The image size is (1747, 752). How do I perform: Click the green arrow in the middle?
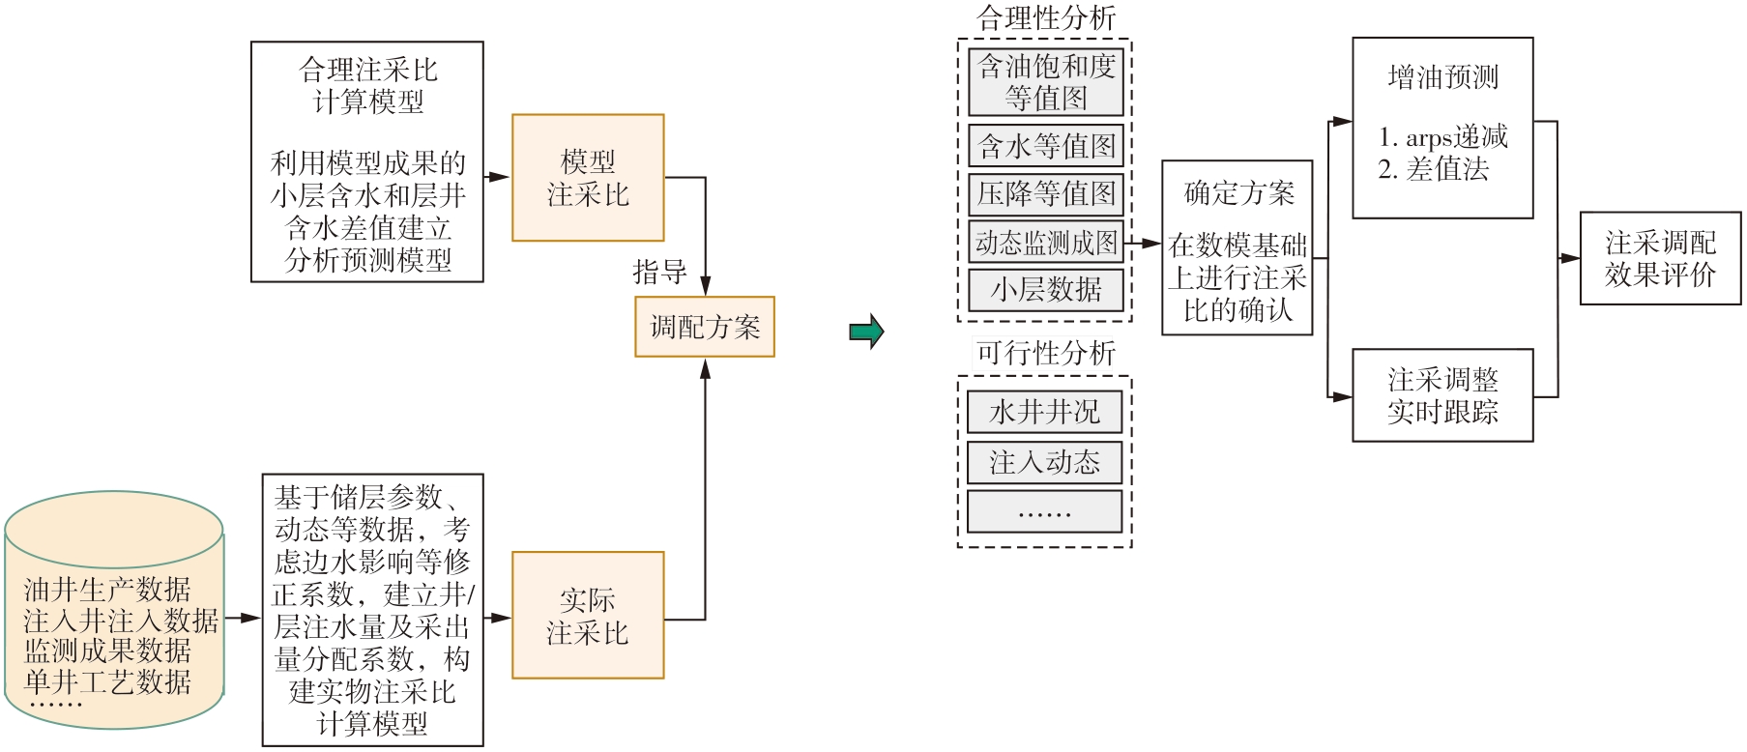click(866, 332)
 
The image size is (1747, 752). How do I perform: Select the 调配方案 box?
click(705, 327)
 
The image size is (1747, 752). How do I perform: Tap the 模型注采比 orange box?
click(588, 178)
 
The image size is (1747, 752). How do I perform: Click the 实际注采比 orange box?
click(588, 616)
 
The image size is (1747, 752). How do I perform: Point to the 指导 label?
click(659, 273)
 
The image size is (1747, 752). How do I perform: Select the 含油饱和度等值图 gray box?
click(1046, 82)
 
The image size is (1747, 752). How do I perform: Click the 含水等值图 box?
click(1046, 146)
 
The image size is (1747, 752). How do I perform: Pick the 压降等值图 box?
click(1046, 193)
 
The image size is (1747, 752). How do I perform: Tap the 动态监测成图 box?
click(1046, 243)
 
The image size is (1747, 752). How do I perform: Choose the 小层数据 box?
click(1046, 289)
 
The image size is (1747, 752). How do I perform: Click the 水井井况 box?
click(1044, 412)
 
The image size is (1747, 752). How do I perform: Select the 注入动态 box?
click(1044, 462)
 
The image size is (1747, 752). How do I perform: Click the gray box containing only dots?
click(1044, 511)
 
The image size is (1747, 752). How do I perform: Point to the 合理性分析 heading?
click(1046, 17)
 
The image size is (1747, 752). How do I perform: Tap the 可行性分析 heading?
click(1046, 353)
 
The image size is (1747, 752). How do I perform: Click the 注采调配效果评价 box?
click(1660, 258)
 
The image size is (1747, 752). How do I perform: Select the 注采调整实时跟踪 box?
click(1442, 395)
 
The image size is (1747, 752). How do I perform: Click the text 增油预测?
click(1442, 77)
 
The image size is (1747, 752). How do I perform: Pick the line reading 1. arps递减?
click(1442, 137)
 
